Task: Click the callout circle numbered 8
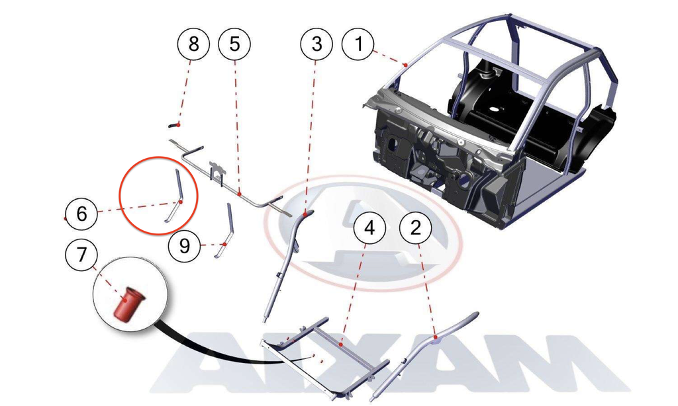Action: (x=193, y=44)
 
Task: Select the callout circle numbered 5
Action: (x=235, y=44)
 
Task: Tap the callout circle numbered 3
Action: (x=316, y=44)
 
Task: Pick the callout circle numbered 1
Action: (x=358, y=44)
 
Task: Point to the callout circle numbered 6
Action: (x=81, y=214)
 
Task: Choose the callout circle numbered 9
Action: (x=185, y=246)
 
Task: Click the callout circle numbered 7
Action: (x=81, y=255)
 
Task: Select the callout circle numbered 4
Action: (x=369, y=227)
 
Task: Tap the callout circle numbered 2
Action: (x=416, y=227)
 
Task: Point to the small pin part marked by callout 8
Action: (x=174, y=125)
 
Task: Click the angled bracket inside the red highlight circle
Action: (x=175, y=196)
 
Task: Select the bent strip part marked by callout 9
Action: (x=225, y=230)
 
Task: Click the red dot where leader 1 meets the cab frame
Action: (x=406, y=65)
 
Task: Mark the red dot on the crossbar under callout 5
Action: (x=239, y=194)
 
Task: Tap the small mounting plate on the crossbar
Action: (x=217, y=170)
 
